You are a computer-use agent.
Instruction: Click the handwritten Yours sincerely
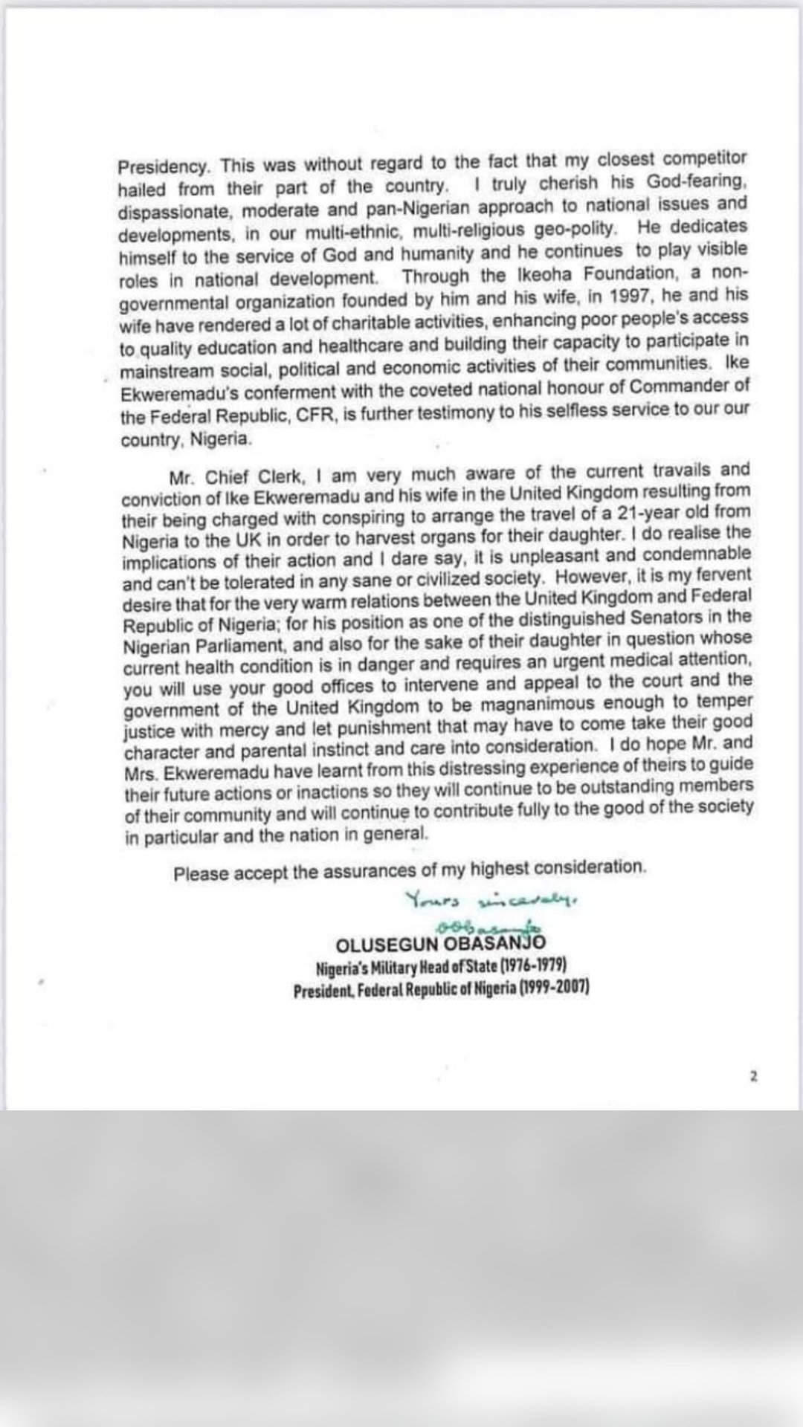coord(491,901)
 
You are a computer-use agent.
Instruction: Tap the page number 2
coord(753,1076)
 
